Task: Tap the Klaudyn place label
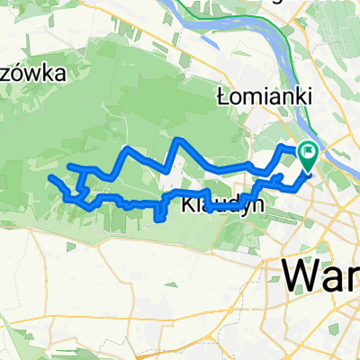(x=216, y=204)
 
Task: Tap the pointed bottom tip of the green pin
(x=309, y=171)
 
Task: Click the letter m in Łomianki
(x=250, y=94)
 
